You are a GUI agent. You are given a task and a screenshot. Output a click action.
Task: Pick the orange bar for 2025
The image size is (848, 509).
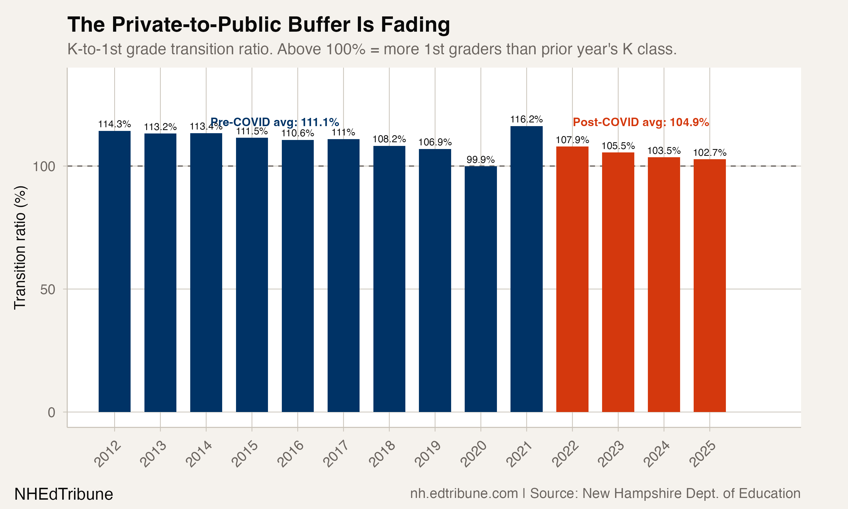click(x=709, y=285)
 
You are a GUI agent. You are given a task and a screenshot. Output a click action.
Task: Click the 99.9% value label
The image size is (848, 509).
click(x=481, y=159)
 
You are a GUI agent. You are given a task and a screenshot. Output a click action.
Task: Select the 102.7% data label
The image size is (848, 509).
click(x=709, y=153)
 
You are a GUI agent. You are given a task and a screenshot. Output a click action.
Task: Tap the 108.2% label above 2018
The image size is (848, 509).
click(x=389, y=139)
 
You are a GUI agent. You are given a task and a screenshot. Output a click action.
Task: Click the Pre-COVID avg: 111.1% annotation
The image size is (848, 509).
click(x=274, y=122)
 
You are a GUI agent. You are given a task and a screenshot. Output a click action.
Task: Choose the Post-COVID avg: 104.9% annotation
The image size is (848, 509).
click(x=641, y=122)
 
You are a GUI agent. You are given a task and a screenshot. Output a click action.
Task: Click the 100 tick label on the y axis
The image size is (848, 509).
click(x=44, y=167)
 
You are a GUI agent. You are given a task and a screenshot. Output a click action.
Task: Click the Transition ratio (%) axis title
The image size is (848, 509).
click(x=20, y=248)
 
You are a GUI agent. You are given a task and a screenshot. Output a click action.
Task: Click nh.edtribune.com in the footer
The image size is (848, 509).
click(x=464, y=493)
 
